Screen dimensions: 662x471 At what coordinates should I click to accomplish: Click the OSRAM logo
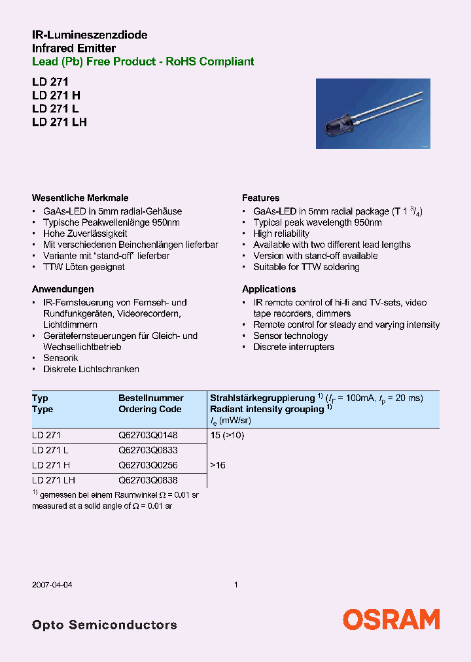tap(391, 619)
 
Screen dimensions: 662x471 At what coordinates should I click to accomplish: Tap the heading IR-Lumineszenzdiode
tap(90, 35)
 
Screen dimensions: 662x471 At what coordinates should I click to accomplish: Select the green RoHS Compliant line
tap(143, 61)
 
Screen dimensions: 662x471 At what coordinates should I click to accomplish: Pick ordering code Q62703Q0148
tap(148, 435)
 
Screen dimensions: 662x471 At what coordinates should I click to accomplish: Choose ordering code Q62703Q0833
tap(148, 450)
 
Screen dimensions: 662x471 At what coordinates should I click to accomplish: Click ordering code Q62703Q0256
tap(148, 465)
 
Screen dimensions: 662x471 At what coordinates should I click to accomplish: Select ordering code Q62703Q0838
tap(148, 480)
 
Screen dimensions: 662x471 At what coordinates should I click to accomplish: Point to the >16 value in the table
tap(218, 465)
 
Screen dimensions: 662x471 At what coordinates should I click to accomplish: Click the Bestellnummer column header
tap(150, 398)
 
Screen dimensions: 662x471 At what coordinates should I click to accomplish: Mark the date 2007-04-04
tap(52, 585)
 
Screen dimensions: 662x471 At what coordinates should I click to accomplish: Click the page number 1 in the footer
tap(235, 585)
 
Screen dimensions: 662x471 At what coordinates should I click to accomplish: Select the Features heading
tap(260, 198)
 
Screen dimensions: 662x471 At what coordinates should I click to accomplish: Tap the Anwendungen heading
tap(63, 288)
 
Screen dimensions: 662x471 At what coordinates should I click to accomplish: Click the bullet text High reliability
tap(281, 234)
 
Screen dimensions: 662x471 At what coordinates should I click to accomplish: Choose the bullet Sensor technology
tap(290, 336)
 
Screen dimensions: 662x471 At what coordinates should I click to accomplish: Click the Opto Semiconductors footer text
tap(104, 625)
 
